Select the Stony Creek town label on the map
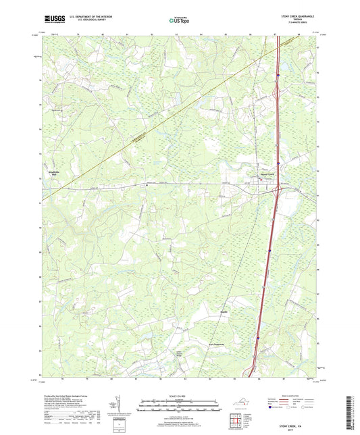(268, 172)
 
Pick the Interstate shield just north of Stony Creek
(277, 163)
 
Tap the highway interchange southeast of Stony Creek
(276, 190)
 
